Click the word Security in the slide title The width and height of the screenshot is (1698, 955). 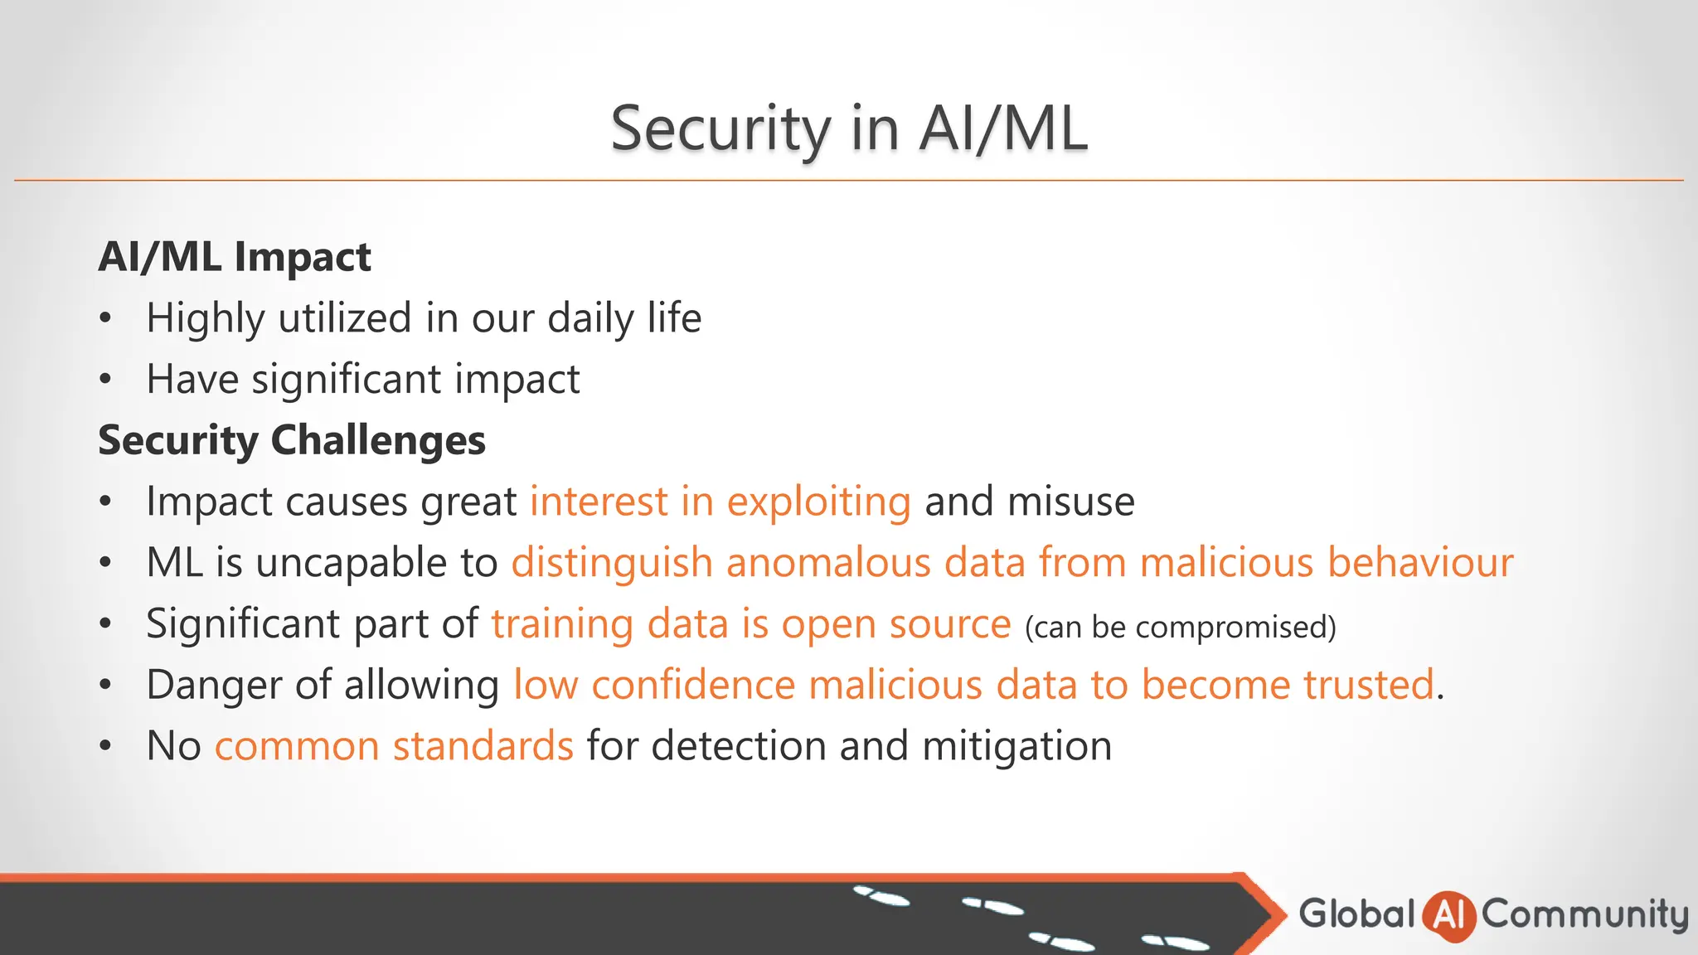click(720, 128)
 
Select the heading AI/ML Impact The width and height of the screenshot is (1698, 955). click(235, 256)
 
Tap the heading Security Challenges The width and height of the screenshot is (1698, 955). click(292, 439)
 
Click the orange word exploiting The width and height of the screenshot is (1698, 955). click(818, 502)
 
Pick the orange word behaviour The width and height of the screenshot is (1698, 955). click(1420, 563)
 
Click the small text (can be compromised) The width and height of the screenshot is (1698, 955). click(1181, 627)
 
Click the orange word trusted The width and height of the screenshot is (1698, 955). click(1368, 685)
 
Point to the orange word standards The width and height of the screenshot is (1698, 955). click(483, 746)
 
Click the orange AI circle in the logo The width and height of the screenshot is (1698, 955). click(1448, 915)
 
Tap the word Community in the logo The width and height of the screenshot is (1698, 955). click(1584, 914)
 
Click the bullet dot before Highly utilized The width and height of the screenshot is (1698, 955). click(104, 318)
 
